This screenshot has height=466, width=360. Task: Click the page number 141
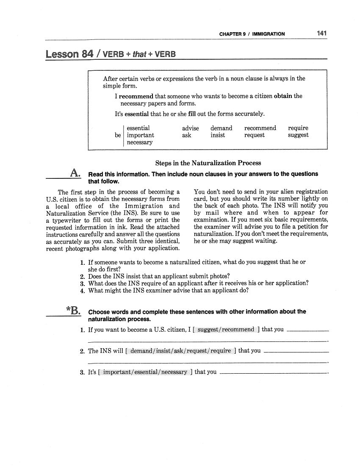coord(321,33)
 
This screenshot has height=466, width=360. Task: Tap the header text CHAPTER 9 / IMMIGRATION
coord(252,34)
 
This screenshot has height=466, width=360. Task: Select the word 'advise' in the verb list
coord(190,128)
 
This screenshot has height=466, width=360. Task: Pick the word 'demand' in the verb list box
coord(221,128)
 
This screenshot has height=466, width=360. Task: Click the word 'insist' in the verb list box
coord(218,135)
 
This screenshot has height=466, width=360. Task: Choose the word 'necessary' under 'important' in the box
coord(140,142)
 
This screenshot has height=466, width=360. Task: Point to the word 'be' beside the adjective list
coord(118,135)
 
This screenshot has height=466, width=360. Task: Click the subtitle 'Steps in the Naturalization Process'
coord(208,163)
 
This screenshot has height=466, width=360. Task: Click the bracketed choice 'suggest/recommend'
coord(226,329)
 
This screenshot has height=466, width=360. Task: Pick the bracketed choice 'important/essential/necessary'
coord(145,372)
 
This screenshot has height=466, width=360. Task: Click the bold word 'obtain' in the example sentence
coord(283,96)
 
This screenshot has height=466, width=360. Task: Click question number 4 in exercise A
coord(83,291)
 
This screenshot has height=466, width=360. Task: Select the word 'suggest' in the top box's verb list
coord(298,135)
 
